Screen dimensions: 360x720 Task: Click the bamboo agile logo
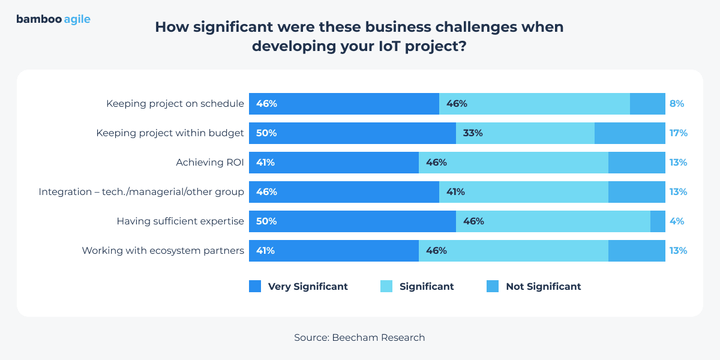tap(53, 19)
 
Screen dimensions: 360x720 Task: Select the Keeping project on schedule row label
tap(175, 103)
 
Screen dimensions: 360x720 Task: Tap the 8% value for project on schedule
tap(677, 103)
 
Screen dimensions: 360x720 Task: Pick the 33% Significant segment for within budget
tap(525, 133)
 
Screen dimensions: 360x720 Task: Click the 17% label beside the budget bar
tap(678, 133)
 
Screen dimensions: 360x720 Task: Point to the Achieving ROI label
tap(209, 163)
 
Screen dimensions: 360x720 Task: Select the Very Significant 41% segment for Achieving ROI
tap(334, 163)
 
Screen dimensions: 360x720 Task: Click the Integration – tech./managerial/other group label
tap(141, 192)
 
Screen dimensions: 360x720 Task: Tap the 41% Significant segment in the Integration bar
tap(524, 192)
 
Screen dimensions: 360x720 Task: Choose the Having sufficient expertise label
tap(180, 221)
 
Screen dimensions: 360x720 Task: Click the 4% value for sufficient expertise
tap(677, 221)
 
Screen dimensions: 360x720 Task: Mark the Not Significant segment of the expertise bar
tap(658, 221)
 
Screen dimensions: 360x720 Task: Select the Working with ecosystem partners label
tap(163, 251)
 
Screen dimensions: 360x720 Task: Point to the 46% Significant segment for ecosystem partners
tap(513, 251)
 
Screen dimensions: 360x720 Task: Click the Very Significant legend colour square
tap(255, 287)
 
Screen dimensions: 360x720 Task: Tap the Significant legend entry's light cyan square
tap(386, 287)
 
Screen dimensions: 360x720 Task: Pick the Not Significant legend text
tap(543, 287)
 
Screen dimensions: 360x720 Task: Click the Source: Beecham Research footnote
tap(359, 337)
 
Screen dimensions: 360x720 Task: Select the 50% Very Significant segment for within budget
tap(352, 133)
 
